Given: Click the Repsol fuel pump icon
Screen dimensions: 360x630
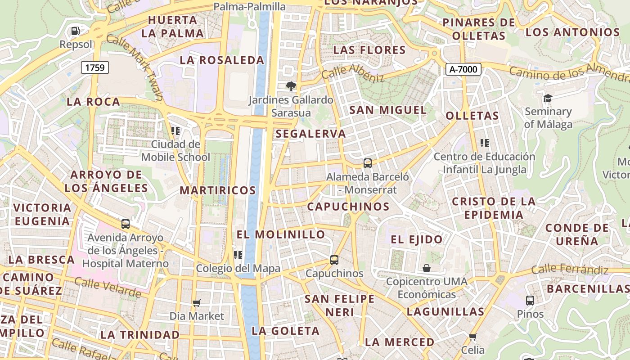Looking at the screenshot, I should point(76,31).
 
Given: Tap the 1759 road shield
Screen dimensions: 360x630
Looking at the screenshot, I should point(94,68).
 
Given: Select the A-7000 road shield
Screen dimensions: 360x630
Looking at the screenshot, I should point(463,69).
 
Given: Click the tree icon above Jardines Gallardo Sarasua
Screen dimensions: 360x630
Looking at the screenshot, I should point(291,85).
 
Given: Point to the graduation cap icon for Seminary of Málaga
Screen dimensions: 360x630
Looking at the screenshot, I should point(548,98).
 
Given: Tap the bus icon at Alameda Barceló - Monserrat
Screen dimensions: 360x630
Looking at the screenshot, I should point(368,163).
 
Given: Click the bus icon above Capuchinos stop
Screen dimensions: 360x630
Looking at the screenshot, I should point(334,260).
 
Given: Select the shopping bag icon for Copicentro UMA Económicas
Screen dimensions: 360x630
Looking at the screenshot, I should point(427,268).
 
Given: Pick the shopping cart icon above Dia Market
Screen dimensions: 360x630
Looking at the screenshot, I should point(196,303).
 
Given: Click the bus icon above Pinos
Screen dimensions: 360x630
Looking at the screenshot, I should point(530,300).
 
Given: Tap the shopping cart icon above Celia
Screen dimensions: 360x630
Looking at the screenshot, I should point(472,337).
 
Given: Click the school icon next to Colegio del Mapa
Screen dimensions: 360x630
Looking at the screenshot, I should point(238,255).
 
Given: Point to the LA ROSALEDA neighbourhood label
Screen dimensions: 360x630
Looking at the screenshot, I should point(222,60).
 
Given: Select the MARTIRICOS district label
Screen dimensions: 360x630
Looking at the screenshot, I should point(218,190).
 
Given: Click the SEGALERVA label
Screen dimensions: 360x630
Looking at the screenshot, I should point(311,134).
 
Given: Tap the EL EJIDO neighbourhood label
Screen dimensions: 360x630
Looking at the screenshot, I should point(417,239).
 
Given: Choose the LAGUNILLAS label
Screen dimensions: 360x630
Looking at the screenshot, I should point(445,311).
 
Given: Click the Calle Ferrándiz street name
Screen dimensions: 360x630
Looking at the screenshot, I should point(570,270).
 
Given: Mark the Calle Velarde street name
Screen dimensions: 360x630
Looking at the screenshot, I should point(108,288).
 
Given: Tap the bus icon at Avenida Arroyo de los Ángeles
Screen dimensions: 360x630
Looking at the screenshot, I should point(126,224).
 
